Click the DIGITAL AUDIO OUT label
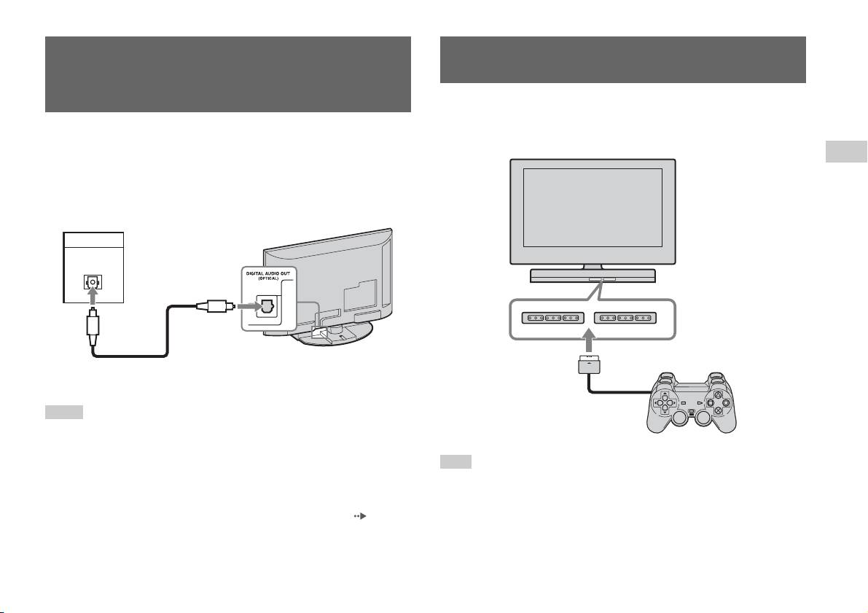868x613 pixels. [268, 273]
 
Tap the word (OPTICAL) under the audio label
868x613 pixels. [268, 278]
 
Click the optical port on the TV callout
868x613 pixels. [267, 306]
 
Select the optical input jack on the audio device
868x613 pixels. [92, 282]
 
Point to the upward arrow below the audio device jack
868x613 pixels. [93, 298]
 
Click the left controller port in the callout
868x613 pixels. [553, 319]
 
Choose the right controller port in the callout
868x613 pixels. [625, 319]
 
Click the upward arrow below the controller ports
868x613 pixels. [589, 343]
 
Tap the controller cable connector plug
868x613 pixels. [588, 365]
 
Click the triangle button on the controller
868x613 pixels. [717, 395]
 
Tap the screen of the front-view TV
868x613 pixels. [593, 208]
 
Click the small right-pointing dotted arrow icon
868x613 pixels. [360, 516]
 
